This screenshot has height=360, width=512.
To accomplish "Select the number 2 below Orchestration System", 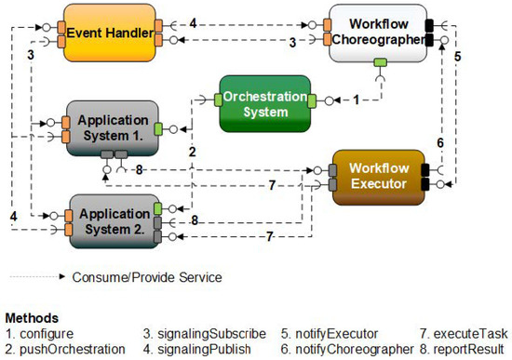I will (x=191, y=150).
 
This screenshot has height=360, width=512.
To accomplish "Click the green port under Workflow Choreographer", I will (x=380, y=64).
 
